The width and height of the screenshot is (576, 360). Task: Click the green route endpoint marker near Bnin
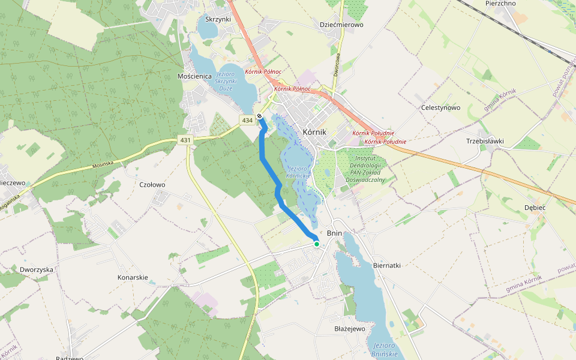pos(316,244)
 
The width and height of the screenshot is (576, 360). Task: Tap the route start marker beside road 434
pos(259,116)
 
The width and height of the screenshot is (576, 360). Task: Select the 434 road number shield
pos(247,121)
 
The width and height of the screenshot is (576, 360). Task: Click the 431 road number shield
pos(185,140)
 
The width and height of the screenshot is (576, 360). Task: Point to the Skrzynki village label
pos(218,19)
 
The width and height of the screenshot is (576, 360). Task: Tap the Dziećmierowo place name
pos(341,25)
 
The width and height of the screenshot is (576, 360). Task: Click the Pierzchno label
pos(500,4)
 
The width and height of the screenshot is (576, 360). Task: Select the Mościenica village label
pos(195,77)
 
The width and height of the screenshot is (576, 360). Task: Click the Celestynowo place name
pos(440,108)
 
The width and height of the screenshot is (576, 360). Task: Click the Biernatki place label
pos(386,265)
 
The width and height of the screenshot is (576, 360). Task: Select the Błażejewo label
pos(350,329)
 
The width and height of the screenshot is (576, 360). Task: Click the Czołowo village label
pos(152,185)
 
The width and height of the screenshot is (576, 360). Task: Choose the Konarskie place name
pos(133,278)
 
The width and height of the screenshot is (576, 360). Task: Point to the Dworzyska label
pos(37,270)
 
